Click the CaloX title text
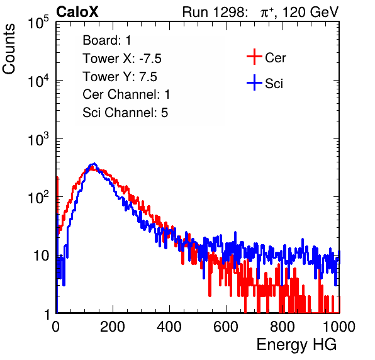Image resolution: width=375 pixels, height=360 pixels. pyautogui.click(x=77, y=12)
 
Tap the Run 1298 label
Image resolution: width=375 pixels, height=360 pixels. pyautogui.click(x=214, y=12)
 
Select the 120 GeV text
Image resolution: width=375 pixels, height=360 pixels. pyautogui.click(x=311, y=12)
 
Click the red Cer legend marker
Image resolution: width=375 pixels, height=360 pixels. pyautogui.click(x=254, y=57)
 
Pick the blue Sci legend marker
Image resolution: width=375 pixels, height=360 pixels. pyautogui.click(x=254, y=83)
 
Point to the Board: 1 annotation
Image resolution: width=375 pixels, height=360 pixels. pyautogui.click(x=107, y=40)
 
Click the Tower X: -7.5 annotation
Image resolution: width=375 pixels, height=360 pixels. pyautogui.click(x=122, y=59)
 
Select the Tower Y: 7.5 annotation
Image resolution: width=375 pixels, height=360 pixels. pyautogui.click(x=120, y=77)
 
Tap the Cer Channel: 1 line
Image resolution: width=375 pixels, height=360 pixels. pyautogui.click(x=126, y=94)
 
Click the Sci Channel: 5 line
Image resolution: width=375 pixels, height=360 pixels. pyautogui.click(x=125, y=113)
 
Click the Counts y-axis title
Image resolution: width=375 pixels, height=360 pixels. pyautogui.click(x=9, y=49)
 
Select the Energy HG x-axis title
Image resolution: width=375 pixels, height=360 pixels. pyautogui.click(x=296, y=345)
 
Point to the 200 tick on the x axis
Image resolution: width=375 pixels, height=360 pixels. pyautogui.click(x=113, y=327)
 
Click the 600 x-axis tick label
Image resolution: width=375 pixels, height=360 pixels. pyautogui.click(x=226, y=327)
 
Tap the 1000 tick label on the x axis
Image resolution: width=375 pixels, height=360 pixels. pyautogui.click(x=339, y=327)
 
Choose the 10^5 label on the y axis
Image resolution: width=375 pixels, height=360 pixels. pyautogui.click(x=38, y=23)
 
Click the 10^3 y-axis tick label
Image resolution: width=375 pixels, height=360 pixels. pyautogui.click(x=38, y=139)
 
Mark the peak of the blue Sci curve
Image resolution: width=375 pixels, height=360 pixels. pyautogui.click(x=94, y=164)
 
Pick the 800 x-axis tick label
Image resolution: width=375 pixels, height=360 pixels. pyautogui.click(x=283, y=327)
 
